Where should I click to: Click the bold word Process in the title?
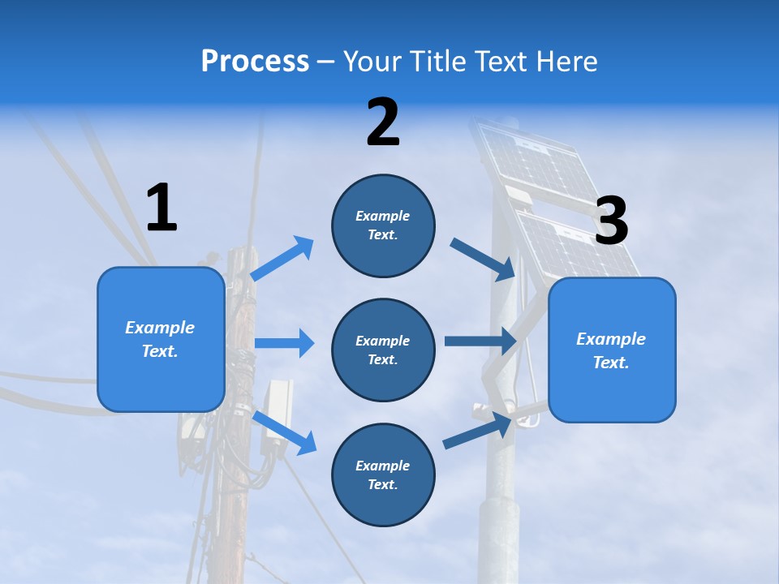(255, 61)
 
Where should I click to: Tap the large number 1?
(161, 208)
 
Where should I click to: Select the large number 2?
(383, 122)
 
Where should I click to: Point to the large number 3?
(611, 221)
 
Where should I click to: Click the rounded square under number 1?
(161, 339)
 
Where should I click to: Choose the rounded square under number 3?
(612, 350)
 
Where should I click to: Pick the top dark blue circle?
(383, 225)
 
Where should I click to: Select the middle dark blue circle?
(383, 350)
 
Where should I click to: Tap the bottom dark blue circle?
(383, 474)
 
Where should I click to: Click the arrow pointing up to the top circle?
(282, 258)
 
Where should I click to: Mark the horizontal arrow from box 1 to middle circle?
(284, 343)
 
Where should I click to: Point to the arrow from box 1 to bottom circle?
(284, 432)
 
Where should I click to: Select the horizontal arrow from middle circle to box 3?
(480, 341)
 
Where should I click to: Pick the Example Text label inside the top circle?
(383, 225)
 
